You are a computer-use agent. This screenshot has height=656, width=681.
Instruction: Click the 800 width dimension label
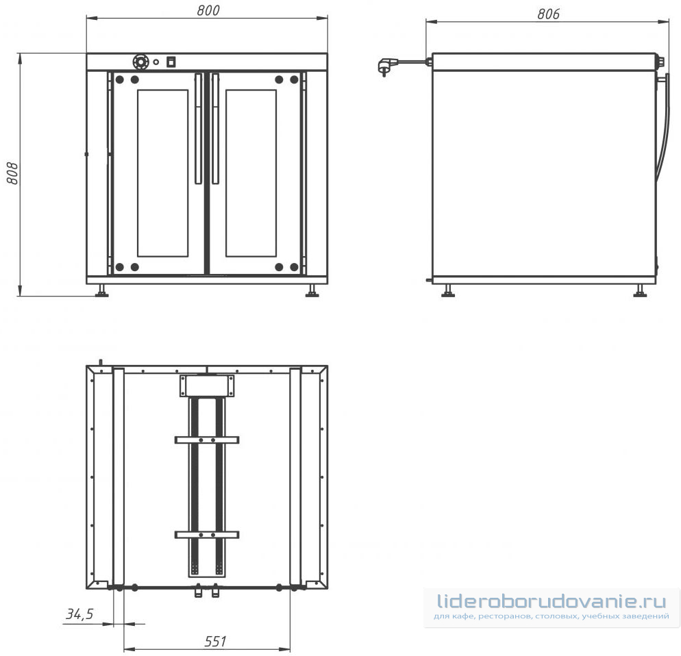(x=208, y=10)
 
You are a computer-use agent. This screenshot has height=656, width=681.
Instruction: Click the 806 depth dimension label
(x=548, y=14)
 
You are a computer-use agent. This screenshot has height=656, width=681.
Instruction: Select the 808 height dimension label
(x=12, y=173)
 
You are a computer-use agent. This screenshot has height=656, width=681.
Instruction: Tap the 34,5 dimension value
(x=79, y=614)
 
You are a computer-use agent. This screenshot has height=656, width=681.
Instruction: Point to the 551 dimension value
(x=215, y=641)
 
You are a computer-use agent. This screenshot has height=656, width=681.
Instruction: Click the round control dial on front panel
(x=140, y=62)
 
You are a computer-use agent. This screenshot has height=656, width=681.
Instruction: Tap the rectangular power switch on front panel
(x=171, y=62)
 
